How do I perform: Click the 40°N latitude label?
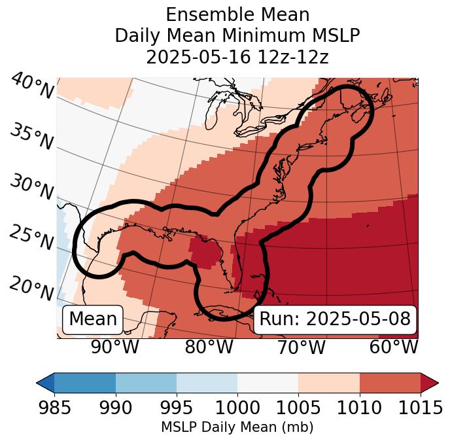[x=32, y=86]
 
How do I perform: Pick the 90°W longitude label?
[x=114, y=347]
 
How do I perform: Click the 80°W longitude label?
[x=209, y=347]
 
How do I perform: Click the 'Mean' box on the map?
[x=93, y=319]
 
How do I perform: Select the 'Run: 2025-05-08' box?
[x=335, y=319]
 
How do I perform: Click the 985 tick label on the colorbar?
[x=55, y=408]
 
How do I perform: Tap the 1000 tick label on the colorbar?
[x=237, y=408]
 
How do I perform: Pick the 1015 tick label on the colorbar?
[x=420, y=408]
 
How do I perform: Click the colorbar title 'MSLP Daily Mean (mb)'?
[x=237, y=427]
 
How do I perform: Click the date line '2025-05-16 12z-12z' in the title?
[x=237, y=57]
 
